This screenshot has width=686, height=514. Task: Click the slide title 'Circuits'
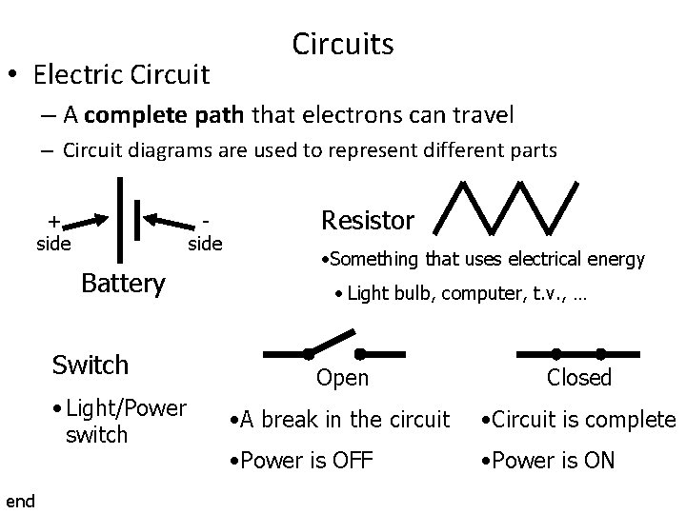(343, 44)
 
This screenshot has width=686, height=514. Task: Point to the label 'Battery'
(123, 283)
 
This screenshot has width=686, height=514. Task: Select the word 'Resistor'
(368, 221)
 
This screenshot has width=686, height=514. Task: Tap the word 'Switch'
(91, 365)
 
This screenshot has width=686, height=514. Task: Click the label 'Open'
(342, 378)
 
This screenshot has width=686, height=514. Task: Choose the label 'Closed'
(578, 378)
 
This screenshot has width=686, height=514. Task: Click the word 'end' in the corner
(20, 501)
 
